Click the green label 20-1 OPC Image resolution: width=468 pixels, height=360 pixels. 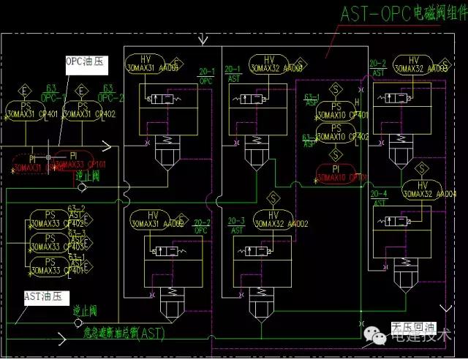(207, 76)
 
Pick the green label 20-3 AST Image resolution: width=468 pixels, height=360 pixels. (235, 224)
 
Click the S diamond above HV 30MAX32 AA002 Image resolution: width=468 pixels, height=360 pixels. (273, 198)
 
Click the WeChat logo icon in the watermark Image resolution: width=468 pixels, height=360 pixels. (380, 336)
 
